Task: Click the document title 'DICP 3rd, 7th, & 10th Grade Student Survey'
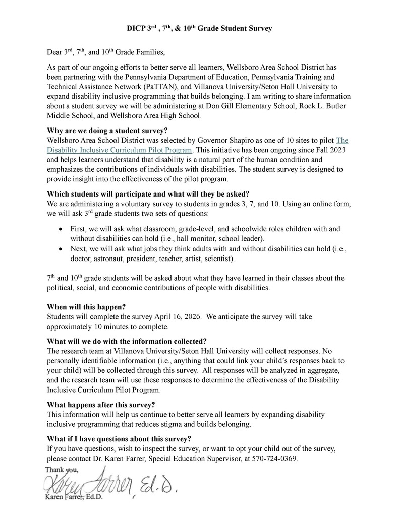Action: [x=199, y=29]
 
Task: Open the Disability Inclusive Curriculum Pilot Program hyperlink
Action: [x=120, y=150]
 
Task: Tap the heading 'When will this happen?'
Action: [x=86, y=306]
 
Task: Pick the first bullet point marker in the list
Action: [x=61, y=229]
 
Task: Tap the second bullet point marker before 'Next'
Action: [x=61, y=249]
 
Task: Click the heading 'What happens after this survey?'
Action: [x=101, y=404]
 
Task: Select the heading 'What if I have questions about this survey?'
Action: [x=119, y=438]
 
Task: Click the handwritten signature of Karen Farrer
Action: [x=111, y=483]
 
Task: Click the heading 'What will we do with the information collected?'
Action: [x=127, y=340]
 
